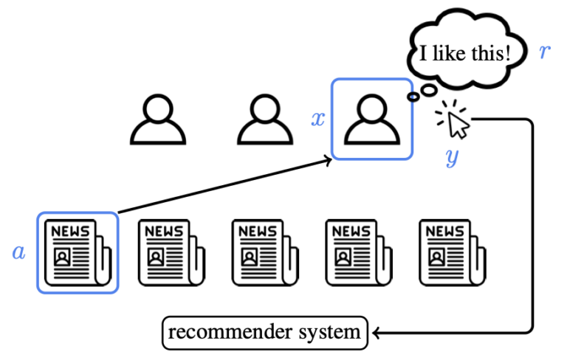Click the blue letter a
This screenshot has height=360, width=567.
(x=18, y=253)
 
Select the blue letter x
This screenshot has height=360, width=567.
(x=318, y=119)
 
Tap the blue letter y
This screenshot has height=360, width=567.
(x=453, y=156)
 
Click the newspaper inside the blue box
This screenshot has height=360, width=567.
(x=78, y=253)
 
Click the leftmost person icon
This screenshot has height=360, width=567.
(x=157, y=120)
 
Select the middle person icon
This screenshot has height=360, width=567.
(x=264, y=120)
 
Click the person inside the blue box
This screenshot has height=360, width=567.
(x=372, y=120)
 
